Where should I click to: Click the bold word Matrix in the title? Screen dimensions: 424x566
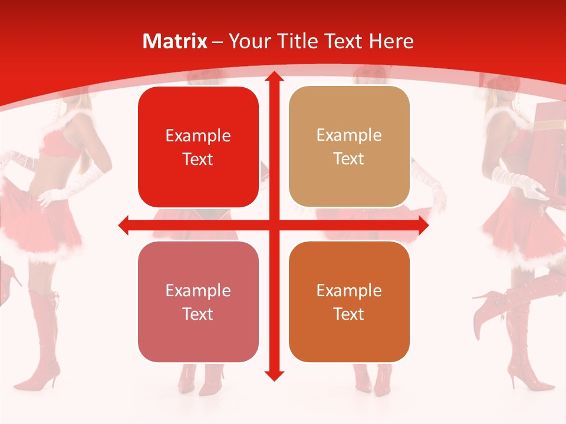click(175, 41)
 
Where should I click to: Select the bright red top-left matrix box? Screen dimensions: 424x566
click(198, 147)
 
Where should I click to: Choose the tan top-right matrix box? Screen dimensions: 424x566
click(349, 147)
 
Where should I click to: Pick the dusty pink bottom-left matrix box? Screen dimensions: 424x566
click(198, 302)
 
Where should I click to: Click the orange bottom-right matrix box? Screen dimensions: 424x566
click(349, 302)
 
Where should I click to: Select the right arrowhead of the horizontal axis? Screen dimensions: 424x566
click(423, 225)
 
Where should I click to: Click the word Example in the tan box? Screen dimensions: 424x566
click(349, 135)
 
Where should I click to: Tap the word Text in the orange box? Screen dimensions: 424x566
click(349, 314)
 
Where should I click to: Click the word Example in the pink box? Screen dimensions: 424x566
click(198, 290)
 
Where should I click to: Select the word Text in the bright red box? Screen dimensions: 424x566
click(198, 160)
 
